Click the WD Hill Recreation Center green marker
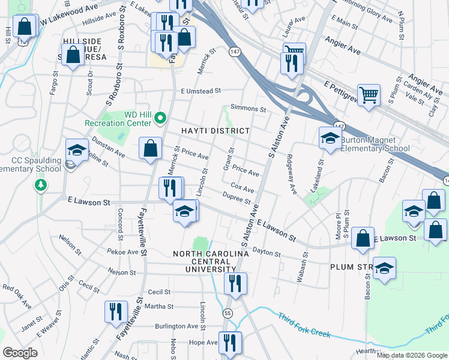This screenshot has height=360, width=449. coord(160,118)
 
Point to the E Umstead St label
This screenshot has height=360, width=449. coord(201,91)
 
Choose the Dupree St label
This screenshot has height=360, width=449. coord(235,199)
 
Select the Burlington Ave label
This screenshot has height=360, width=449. coord(176,326)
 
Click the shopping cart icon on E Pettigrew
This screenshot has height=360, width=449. coord(369,94)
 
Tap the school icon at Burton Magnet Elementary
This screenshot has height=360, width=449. coord(330,138)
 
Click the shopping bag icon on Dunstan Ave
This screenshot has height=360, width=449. coord(150,148)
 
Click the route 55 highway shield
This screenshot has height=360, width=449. coord(227,313)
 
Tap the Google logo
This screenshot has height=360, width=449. coord(20,353)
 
